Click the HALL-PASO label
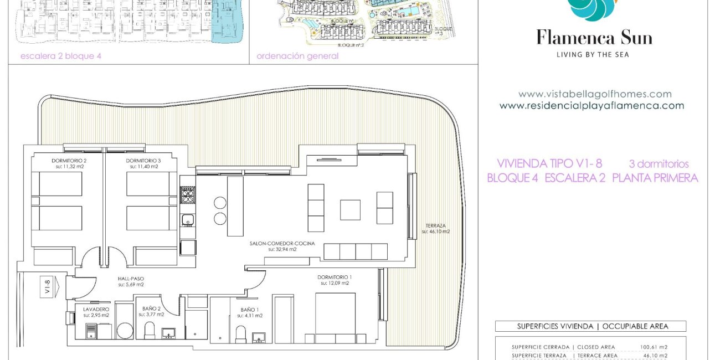(x=131, y=279)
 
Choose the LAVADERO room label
(x=96, y=308)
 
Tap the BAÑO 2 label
(x=151, y=308)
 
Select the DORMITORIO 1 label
(x=335, y=277)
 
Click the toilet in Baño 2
(x=149, y=331)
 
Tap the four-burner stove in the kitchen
(x=188, y=195)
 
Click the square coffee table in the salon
(x=350, y=210)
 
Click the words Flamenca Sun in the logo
(x=594, y=38)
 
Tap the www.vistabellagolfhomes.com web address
(x=594, y=94)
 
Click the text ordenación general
(x=297, y=56)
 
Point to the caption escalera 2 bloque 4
(x=61, y=56)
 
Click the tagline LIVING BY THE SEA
(x=593, y=54)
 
